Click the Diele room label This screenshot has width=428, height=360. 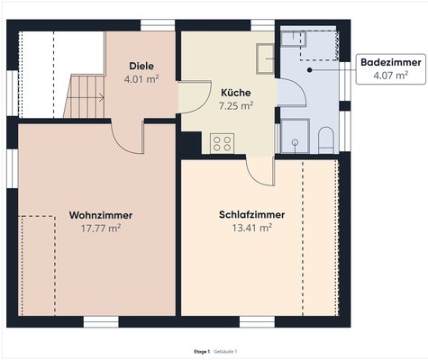pos(141,66)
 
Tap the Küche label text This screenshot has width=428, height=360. pos(236,93)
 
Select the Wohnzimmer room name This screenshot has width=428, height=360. pos(101,215)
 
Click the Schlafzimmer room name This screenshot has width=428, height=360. pos(251,215)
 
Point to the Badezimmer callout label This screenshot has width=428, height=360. pos(391,62)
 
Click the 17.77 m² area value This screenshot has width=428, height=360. pos(101,229)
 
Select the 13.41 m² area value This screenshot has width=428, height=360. pos(251,228)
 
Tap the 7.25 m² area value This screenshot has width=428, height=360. pos(236,105)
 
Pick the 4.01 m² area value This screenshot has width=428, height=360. pos(141,79)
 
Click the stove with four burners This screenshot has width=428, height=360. pos(222,143)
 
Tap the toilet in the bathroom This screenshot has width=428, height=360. pos(326,140)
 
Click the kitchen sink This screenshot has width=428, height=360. pos(265,58)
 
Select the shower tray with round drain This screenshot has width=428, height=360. pos(295,136)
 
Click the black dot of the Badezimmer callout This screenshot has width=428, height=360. pos(309,70)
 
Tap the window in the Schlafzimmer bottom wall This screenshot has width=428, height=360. pos(257,321)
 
